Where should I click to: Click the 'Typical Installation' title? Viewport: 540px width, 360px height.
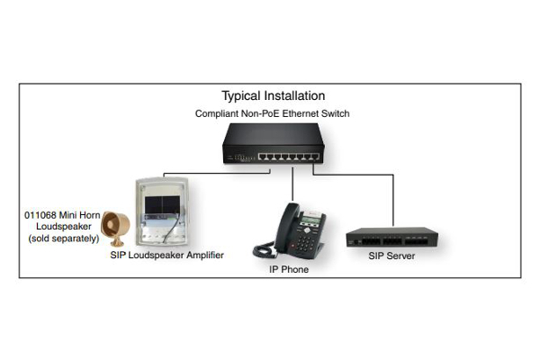tap(273, 95)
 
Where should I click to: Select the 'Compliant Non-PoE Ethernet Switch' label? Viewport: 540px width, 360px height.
tap(272, 113)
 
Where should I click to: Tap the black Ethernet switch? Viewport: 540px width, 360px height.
tap(274, 143)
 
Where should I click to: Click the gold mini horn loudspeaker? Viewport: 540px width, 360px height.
tap(115, 229)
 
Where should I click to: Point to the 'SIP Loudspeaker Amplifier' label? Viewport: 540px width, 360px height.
tap(167, 255)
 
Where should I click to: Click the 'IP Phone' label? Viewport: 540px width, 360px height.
tap(289, 269)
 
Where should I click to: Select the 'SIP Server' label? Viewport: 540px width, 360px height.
tap(391, 256)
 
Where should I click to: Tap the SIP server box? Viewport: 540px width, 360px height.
tap(391, 237)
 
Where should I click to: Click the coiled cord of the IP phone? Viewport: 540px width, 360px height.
tap(265, 250)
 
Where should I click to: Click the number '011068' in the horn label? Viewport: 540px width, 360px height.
tap(40, 215)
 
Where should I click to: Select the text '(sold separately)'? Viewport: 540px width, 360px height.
tap(64, 238)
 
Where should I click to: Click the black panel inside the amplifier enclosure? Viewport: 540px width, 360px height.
tap(162, 205)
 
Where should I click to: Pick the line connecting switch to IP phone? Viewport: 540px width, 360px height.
tap(292, 184)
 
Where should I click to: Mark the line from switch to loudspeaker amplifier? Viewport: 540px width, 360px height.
tap(217, 173)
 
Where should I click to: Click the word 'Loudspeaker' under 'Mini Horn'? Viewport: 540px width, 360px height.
tap(64, 227)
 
